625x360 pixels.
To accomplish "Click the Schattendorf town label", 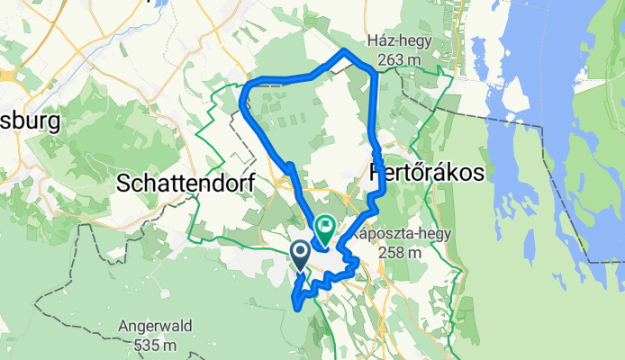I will point(186,184).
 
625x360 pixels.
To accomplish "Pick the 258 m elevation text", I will point(400,253).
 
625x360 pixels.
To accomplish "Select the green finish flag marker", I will point(324,226).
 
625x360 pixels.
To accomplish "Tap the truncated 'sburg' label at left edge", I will point(30,121).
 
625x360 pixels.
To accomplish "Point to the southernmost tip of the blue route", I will point(297,309).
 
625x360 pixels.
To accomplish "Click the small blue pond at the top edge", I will point(160,4).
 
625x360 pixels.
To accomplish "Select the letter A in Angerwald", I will point(124,326).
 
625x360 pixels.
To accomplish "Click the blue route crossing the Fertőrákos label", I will point(383,173).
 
